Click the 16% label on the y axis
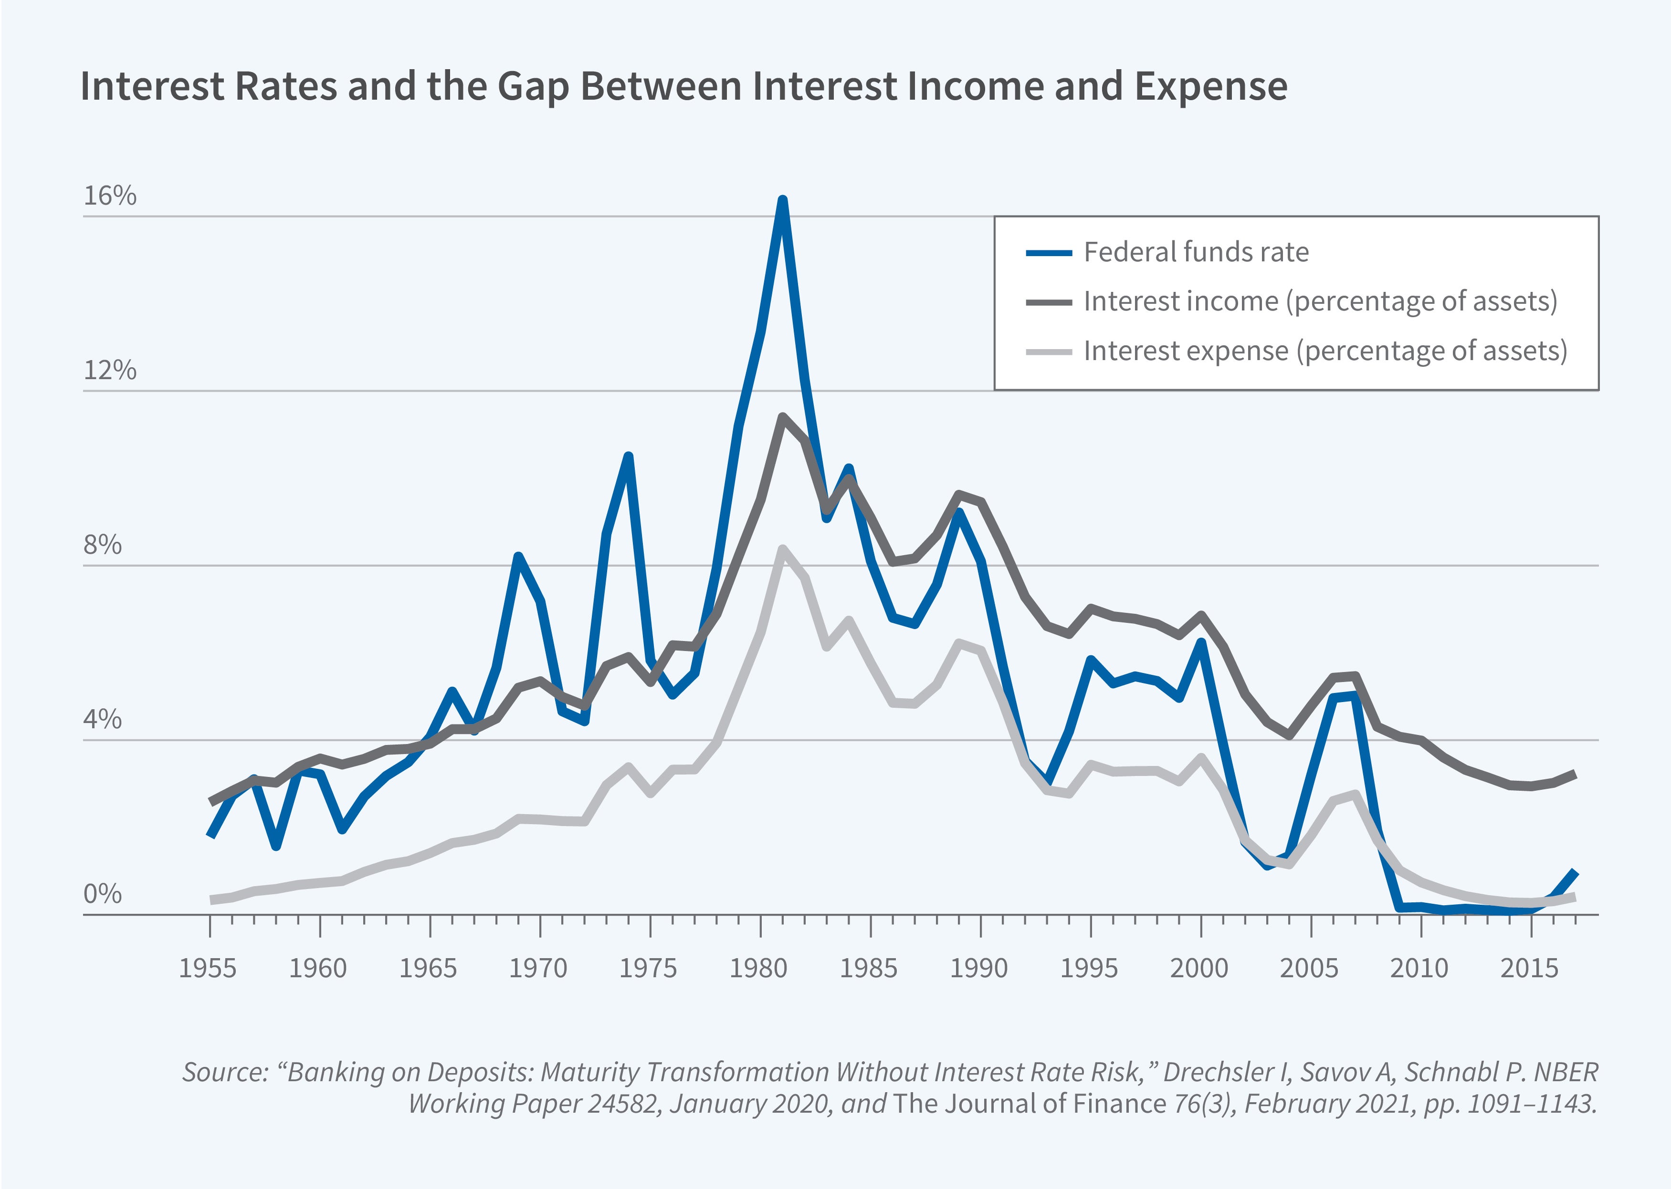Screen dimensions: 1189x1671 [110, 196]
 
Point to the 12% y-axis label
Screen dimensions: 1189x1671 [110, 371]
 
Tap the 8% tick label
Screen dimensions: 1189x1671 [103, 546]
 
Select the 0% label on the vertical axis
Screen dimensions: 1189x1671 [103, 894]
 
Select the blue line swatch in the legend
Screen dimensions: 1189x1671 [1048, 253]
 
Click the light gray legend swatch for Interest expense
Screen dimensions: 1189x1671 [1048, 352]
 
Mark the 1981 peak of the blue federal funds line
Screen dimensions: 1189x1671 [782, 201]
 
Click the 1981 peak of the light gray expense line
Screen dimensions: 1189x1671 [782, 549]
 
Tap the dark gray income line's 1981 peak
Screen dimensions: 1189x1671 [782, 417]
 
